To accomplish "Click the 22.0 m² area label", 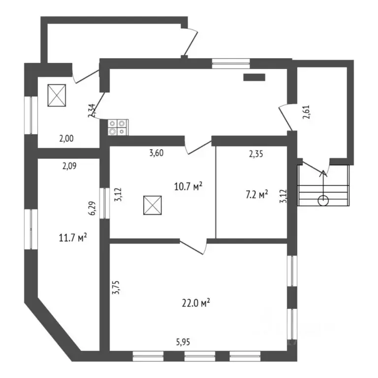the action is point(196,303).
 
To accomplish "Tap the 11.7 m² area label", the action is point(73,238).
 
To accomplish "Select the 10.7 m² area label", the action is point(188,187).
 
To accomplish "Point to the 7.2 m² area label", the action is point(257,194).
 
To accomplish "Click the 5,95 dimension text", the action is point(183,342).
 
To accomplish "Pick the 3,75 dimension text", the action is point(117,287).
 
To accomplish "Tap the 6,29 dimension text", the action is point(93,208).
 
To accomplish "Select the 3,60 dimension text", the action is point(157,153).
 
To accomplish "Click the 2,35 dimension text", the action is point(256,154).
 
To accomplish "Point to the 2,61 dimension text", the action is point(307,112).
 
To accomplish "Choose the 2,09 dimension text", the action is point(69,166).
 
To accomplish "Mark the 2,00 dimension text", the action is point(66,139).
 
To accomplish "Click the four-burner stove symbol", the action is point(118,127).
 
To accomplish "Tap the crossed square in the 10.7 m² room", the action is point(153,205).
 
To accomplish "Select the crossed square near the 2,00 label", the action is point(57,95).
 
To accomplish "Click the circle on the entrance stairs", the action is point(323,201).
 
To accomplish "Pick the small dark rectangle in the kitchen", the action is point(254,77).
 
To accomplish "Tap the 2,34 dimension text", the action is point(92,110).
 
